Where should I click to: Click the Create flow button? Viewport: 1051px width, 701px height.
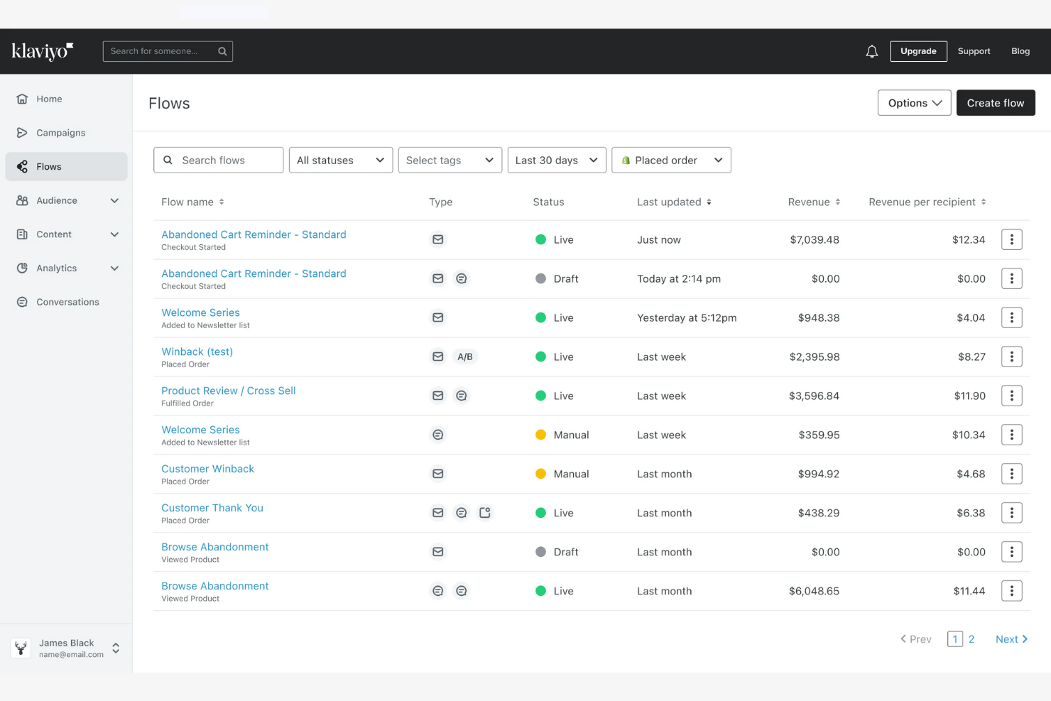pyautogui.click(x=995, y=103)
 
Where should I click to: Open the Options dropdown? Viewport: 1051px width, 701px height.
pyautogui.click(x=914, y=103)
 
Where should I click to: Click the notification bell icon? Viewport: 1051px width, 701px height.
pyautogui.click(x=871, y=51)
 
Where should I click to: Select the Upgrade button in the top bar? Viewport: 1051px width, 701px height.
pyautogui.click(x=918, y=51)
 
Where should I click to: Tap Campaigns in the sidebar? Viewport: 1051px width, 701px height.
pyautogui.click(x=60, y=133)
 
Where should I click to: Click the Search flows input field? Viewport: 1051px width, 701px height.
pyautogui.click(x=219, y=161)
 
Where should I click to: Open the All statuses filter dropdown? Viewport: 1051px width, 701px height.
pyautogui.click(x=340, y=161)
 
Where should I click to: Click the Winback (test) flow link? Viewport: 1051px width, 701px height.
pyautogui.click(x=197, y=352)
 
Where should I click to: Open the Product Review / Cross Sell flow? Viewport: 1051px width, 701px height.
pyautogui.click(x=228, y=391)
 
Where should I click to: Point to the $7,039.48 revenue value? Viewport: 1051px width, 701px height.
pyautogui.click(x=814, y=240)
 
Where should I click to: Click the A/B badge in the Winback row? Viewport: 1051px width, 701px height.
pyautogui.click(x=465, y=357)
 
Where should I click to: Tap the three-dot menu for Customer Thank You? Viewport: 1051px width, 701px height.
pyautogui.click(x=1011, y=513)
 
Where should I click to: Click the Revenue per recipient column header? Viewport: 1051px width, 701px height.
pyautogui.click(x=922, y=202)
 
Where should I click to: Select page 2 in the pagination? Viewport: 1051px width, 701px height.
pyautogui.click(x=971, y=639)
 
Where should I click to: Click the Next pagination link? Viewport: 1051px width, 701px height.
pyautogui.click(x=1011, y=639)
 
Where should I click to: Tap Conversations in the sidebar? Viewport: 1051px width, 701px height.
pyautogui.click(x=67, y=302)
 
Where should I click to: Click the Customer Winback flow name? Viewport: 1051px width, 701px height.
pyautogui.click(x=207, y=469)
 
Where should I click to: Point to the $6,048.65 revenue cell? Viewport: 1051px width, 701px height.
pyautogui.click(x=814, y=591)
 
